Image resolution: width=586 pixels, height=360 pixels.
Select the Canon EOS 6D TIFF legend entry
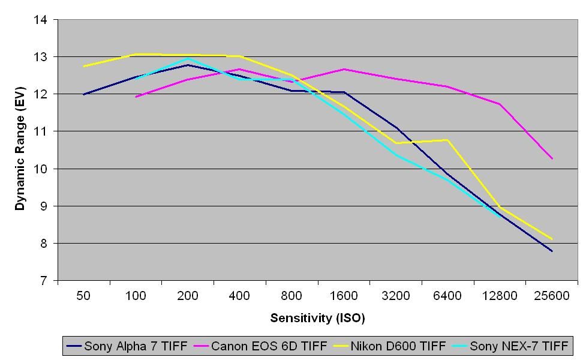[x=269, y=346]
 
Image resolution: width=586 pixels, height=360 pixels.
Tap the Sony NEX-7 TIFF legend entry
[x=519, y=346]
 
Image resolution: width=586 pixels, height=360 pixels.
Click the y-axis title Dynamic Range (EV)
[x=20, y=150]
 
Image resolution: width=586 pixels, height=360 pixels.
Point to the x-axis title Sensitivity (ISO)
[x=317, y=317]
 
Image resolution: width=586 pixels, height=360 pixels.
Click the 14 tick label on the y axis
[x=40, y=20]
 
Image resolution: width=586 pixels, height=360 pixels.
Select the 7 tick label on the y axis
[x=43, y=280]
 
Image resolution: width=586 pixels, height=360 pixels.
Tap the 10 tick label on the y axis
[x=40, y=169]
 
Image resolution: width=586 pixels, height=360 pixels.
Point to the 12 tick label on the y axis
[x=40, y=94]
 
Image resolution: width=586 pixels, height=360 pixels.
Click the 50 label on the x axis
[x=84, y=296]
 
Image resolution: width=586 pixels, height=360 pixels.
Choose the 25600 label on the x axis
[x=552, y=296]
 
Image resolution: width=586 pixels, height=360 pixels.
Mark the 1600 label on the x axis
[x=344, y=296]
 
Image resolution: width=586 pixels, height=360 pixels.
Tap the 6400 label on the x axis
[x=448, y=296]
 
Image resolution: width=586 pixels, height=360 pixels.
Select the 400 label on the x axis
[x=240, y=296]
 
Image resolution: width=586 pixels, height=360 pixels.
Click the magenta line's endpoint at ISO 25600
[x=552, y=158]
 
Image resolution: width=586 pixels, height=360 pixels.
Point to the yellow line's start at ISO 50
[x=84, y=66]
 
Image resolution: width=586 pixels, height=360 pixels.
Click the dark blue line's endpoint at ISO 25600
[x=552, y=251]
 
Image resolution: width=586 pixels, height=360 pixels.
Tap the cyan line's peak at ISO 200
[x=188, y=59]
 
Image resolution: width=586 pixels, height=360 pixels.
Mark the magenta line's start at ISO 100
[x=136, y=97]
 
